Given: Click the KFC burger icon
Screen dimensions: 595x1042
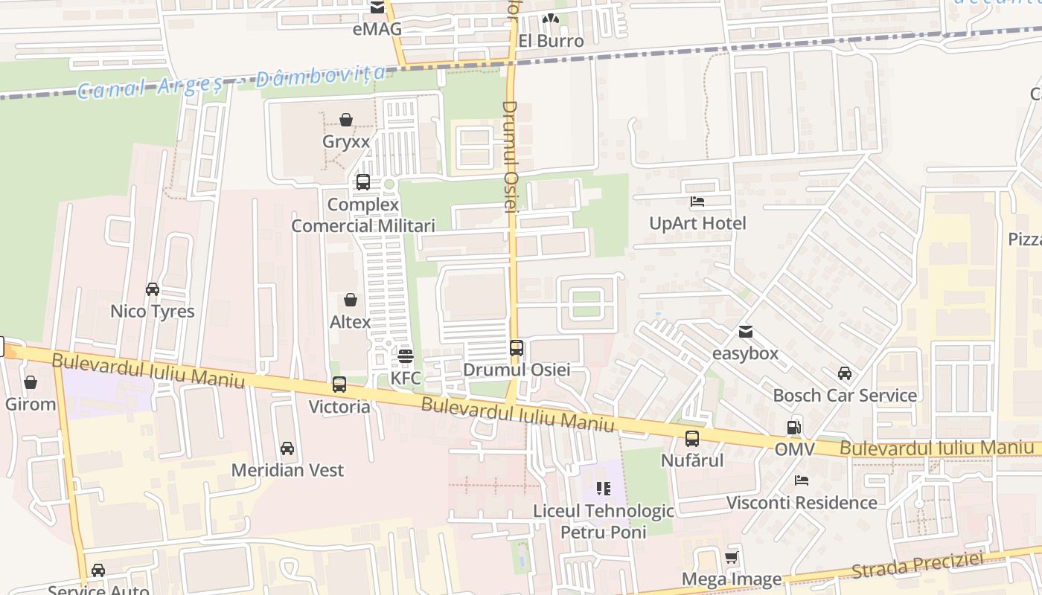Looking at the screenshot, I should (405, 356).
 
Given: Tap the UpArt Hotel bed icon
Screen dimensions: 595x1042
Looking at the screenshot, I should (697, 202).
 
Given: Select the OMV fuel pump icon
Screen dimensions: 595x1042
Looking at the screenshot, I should (794, 428).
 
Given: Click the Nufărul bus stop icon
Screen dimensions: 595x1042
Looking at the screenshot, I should (692, 439).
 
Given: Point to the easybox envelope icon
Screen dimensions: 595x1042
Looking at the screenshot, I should (745, 332).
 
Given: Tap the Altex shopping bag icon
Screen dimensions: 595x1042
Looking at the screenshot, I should (350, 300).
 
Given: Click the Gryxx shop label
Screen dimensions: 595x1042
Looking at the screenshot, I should (346, 141).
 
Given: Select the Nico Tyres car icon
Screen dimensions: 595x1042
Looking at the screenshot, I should (152, 289).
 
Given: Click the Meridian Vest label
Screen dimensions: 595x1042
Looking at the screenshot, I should (287, 470).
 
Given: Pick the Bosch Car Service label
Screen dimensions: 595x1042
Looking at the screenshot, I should (845, 395).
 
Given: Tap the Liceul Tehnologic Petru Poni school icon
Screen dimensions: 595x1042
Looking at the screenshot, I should (604, 489).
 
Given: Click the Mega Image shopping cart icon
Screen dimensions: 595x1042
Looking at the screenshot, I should (732, 557).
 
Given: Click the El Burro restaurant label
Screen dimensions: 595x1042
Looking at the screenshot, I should (551, 41).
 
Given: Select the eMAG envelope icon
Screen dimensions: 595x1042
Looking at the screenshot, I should (377, 8).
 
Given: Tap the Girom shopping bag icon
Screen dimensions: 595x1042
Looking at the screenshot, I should (31, 382).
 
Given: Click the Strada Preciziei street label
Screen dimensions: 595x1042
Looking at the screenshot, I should (917, 565).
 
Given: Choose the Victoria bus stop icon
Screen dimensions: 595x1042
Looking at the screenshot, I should (339, 385).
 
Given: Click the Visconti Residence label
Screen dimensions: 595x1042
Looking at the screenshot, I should (802, 503).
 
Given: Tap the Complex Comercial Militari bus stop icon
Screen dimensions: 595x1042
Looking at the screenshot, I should (363, 182).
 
